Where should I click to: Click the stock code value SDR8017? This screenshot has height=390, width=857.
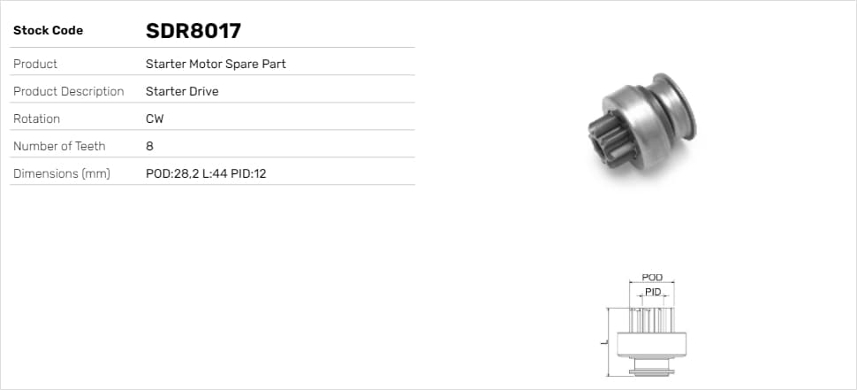[x=193, y=31]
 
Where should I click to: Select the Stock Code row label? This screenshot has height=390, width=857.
[x=48, y=31]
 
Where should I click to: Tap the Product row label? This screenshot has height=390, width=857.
[x=35, y=64]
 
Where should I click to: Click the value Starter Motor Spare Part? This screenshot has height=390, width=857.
[x=216, y=64]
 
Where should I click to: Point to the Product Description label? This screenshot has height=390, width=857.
[x=68, y=91]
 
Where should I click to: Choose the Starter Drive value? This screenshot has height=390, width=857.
[x=182, y=91]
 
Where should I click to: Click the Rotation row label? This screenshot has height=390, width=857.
[x=36, y=119]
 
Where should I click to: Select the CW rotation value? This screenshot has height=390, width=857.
[x=155, y=119]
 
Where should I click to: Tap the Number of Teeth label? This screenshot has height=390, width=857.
[x=59, y=146]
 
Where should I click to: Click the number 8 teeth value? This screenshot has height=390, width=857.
[x=150, y=146]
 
